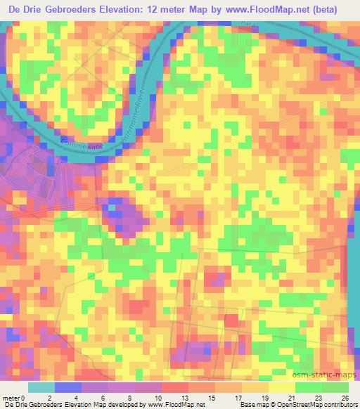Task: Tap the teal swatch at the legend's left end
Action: coord(41,387)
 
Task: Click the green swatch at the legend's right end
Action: coord(335,387)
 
